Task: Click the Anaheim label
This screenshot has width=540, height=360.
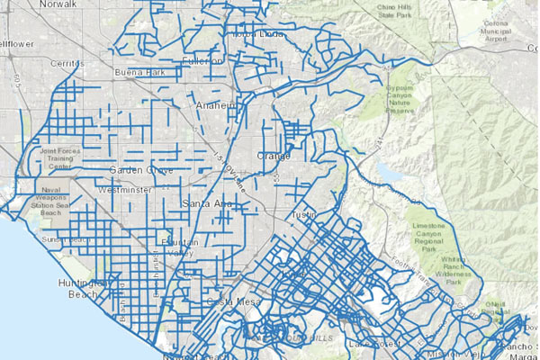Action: point(215,105)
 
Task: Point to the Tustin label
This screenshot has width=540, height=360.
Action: point(304,215)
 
